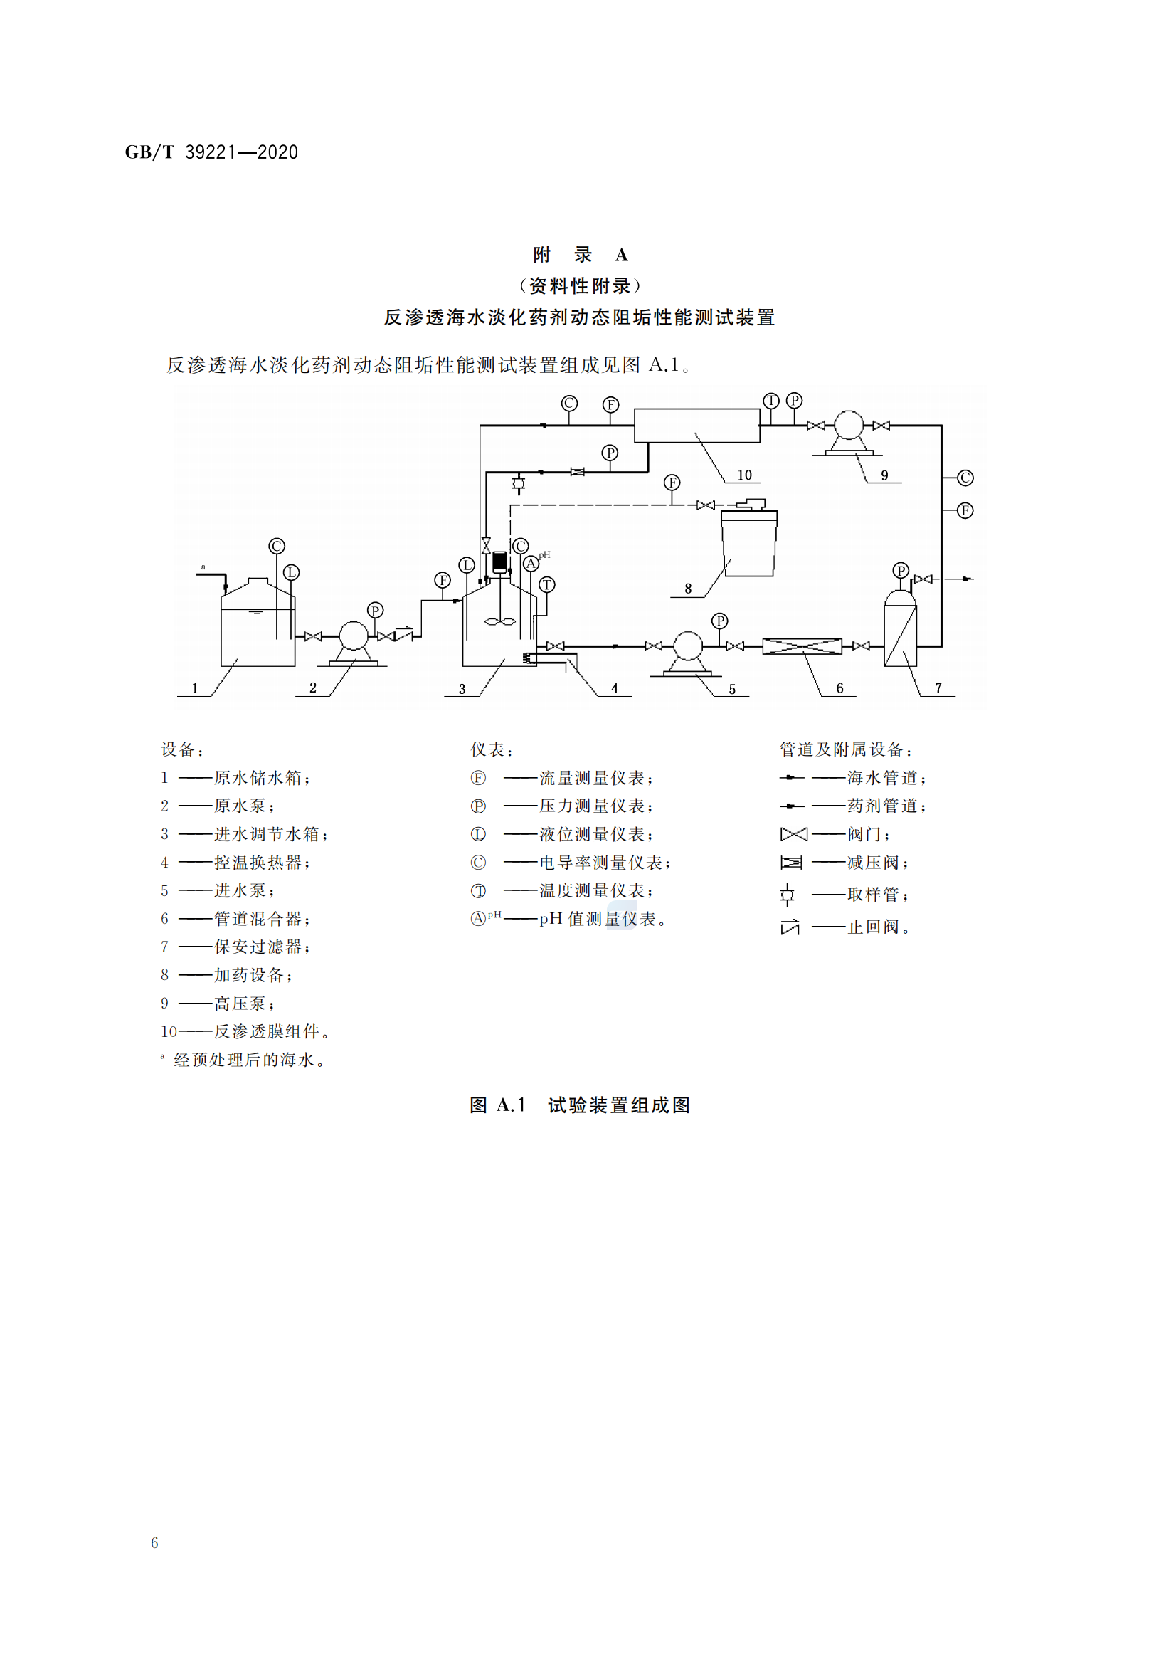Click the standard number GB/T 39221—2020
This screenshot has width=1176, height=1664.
tap(211, 152)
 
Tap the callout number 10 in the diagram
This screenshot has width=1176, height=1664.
tap(744, 475)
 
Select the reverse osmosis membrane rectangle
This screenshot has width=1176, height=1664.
tap(696, 426)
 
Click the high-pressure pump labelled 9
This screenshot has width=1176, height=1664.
tap(848, 426)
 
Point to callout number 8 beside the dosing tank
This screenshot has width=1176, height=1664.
tap(688, 589)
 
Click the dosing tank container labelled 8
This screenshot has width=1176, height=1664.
tap(748, 544)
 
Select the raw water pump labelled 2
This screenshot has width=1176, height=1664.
tap(354, 636)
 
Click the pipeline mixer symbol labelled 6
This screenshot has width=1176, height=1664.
tap(801, 646)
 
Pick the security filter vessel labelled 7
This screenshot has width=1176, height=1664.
tap(900, 631)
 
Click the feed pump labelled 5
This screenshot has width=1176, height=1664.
tap(688, 646)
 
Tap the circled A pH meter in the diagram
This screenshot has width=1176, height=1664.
tap(531, 564)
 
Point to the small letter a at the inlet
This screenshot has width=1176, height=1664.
tap(203, 567)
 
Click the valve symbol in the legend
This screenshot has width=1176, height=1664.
tap(793, 834)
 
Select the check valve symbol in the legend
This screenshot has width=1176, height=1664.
tap(790, 927)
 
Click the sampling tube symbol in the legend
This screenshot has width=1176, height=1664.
tap(788, 895)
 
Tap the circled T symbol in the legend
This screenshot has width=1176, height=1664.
tap(478, 890)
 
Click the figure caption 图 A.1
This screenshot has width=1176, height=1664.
tap(579, 1105)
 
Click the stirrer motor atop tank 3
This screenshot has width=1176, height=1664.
tap(499, 561)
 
